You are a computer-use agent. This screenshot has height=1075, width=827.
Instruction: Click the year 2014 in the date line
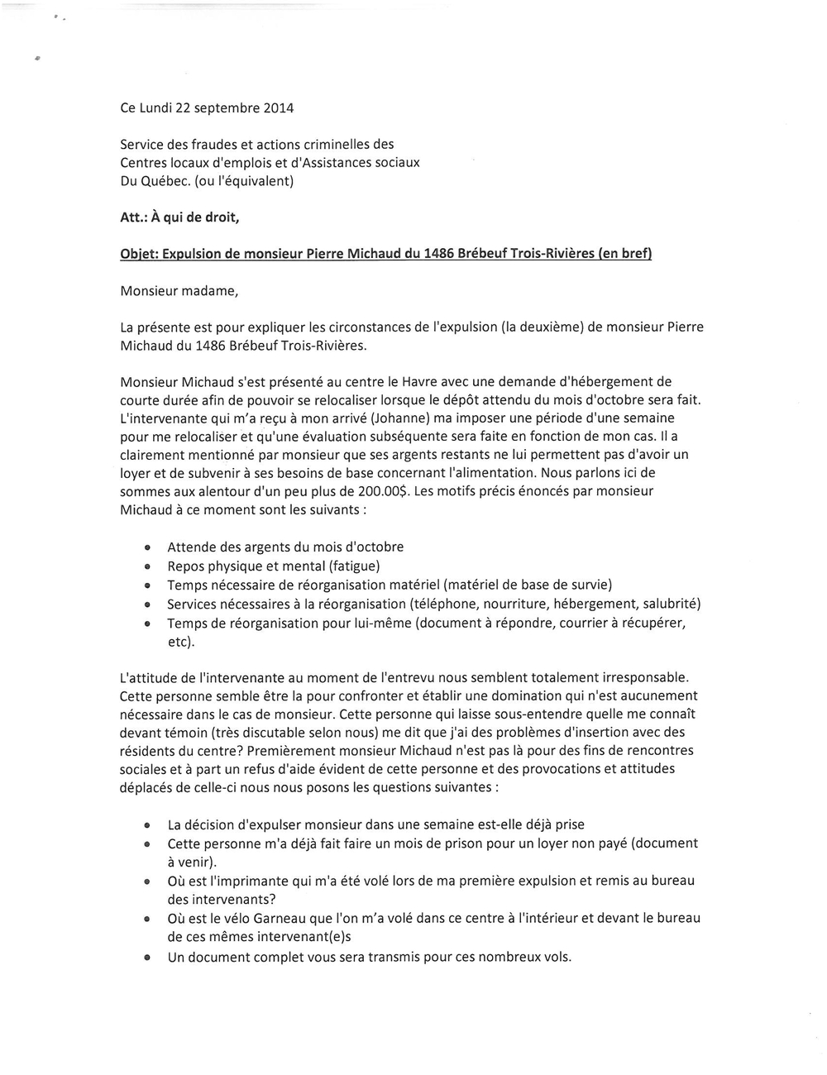278,108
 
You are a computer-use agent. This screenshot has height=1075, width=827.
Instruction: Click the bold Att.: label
135,217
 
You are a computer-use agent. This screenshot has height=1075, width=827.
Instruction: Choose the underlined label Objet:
138,254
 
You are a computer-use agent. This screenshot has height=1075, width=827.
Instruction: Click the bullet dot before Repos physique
146,567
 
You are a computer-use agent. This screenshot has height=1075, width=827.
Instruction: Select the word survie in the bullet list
588,585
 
